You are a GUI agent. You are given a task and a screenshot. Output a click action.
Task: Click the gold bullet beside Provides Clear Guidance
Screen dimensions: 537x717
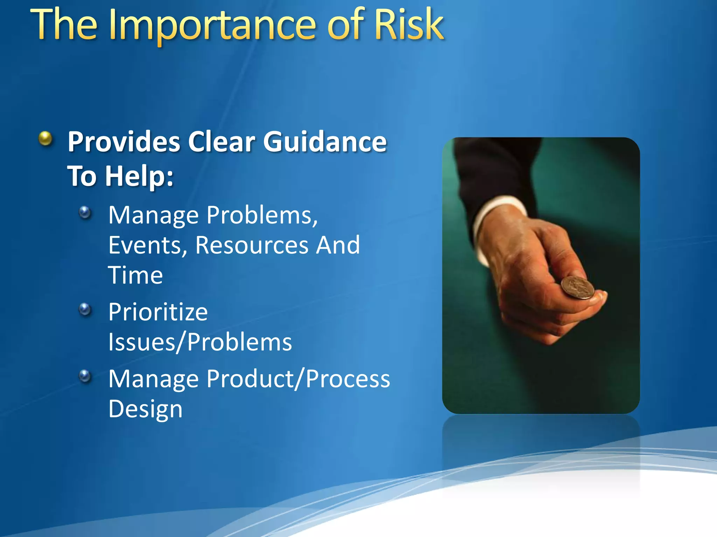pyautogui.click(x=46, y=138)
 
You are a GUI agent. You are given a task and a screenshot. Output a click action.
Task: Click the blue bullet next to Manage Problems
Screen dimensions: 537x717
pyautogui.click(x=85, y=212)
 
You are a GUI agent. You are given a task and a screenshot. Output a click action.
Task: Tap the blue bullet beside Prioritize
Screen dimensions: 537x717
pyautogui.click(x=85, y=309)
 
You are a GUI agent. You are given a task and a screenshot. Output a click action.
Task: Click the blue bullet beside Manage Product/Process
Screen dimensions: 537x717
pyautogui.click(x=85, y=376)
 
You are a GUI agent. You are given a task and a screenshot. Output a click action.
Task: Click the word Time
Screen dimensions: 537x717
pyautogui.click(x=135, y=275)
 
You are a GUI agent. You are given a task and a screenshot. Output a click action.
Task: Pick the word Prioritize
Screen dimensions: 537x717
pyautogui.click(x=158, y=312)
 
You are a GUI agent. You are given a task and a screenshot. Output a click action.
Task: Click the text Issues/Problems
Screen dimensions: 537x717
pyautogui.click(x=200, y=342)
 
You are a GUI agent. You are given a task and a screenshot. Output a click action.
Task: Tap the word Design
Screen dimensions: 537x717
pyautogui.click(x=145, y=409)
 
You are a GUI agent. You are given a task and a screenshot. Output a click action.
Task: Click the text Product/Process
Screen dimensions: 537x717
pyautogui.click(x=298, y=379)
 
